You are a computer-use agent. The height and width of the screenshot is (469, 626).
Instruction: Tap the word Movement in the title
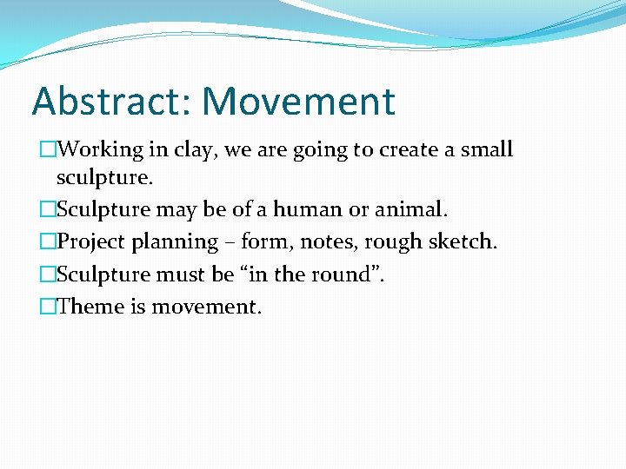pyautogui.click(x=299, y=101)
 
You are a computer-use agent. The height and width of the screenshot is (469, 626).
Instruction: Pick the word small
pyautogui.click(x=486, y=149)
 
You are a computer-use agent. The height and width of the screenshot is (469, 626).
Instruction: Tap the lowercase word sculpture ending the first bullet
pyautogui.click(x=103, y=180)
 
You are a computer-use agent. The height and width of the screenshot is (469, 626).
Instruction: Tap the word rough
pyautogui.click(x=403, y=242)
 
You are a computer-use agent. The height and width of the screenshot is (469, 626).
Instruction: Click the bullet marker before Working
pyautogui.click(x=48, y=149)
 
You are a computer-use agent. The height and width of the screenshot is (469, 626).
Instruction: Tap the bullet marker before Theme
pyautogui.click(x=48, y=306)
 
